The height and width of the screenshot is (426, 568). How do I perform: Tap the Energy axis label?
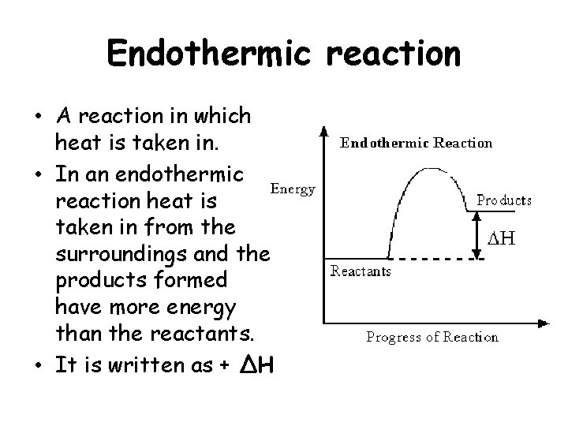293,189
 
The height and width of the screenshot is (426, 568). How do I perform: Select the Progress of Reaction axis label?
432,337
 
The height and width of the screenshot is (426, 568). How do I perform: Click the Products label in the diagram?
503,200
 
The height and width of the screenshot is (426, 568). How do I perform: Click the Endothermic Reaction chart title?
416,143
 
